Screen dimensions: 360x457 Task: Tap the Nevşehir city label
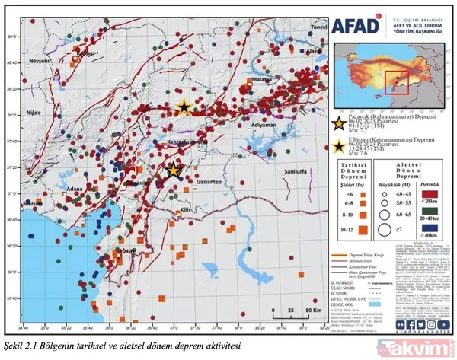tap(41, 58)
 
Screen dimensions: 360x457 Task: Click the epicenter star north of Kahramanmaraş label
tap(183, 107)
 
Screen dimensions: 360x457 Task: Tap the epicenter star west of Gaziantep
tap(174, 170)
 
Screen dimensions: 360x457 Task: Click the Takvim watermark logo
tap(420, 347)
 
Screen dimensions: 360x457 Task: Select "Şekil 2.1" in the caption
tap(20, 345)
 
